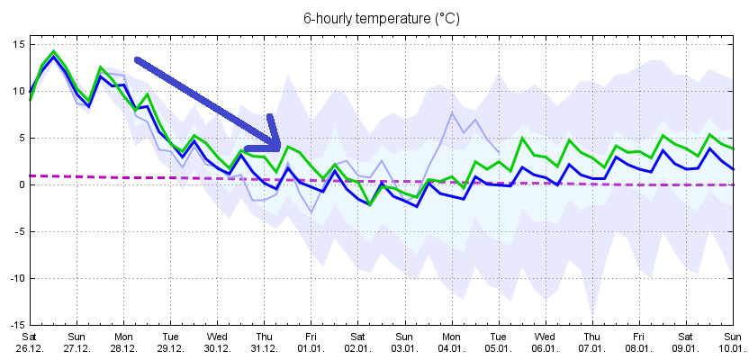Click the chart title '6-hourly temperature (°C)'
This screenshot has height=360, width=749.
coord(374,18)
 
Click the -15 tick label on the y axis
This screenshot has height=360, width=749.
coord(15,325)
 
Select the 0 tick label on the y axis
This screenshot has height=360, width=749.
coord(20,184)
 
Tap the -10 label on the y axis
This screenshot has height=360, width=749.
coord(15,278)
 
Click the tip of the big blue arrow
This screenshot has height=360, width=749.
coord(281,147)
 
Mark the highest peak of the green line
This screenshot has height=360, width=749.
coord(54,51)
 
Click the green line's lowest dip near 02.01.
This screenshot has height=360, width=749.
coord(370,204)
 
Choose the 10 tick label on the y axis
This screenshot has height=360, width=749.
coord(17,91)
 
